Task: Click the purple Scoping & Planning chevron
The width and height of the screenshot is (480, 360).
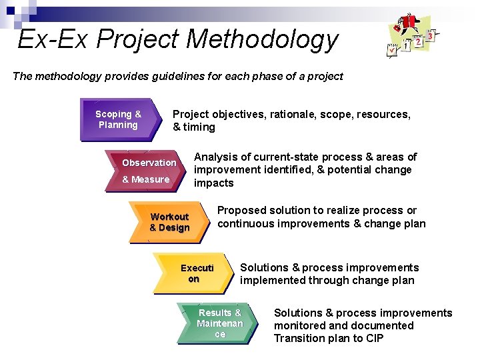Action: coord(120,120)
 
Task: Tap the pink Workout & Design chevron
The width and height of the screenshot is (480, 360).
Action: coord(171,222)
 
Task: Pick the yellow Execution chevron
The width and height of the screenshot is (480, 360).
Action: coord(195,273)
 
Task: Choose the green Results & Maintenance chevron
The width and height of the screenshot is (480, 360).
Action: coord(219,323)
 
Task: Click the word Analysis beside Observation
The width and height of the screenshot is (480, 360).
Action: coord(215,157)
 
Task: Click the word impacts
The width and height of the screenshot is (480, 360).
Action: coord(214,183)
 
